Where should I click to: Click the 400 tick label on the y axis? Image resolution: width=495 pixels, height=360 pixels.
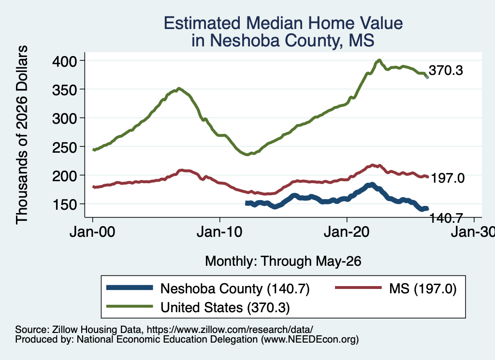[64, 61]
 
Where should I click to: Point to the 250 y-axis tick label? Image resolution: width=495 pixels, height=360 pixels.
[64, 147]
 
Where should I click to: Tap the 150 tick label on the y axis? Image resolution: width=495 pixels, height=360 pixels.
[64, 204]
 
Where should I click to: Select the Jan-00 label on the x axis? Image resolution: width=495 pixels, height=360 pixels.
[92, 232]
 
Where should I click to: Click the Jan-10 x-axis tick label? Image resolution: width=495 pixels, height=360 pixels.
[219, 232]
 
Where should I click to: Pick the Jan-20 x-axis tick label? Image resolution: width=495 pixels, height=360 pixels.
[347, 232]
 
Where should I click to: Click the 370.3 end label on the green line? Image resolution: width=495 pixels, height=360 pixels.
[446, 71]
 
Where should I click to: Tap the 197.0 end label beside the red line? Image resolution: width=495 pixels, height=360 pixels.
[448, 178]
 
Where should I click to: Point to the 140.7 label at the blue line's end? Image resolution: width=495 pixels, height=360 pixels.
[446, 218]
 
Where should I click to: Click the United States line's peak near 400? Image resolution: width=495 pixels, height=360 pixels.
[379, 60]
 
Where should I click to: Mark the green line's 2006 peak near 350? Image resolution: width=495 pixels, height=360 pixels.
[179, 89]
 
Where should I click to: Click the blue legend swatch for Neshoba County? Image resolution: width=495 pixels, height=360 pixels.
[130, 288]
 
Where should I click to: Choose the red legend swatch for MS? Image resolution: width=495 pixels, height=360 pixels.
[358, 288]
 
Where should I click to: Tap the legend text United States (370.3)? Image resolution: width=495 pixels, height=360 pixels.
[225, 308]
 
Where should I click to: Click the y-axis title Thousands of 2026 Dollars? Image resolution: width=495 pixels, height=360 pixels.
[22, 135]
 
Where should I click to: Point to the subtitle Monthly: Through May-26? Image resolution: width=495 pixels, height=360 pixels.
[283, 261]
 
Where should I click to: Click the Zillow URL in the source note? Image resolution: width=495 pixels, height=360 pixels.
[230, 330]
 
